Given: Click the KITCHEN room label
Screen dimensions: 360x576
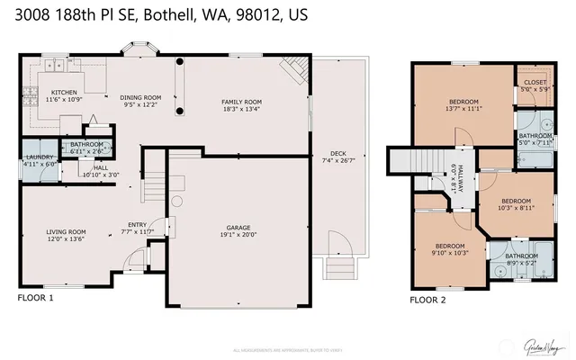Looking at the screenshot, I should coord(63,93).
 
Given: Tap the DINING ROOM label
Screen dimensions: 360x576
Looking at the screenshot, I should coord(140,97).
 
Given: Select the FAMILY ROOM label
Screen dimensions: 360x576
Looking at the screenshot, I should coord(241,102).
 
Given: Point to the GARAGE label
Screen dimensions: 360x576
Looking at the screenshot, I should coord(238,227).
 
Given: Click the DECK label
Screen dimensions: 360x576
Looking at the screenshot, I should coord(338,153).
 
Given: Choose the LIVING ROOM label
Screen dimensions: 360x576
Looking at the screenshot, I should coord(66,232).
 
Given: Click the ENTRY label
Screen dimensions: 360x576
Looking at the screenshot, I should coord(138,225).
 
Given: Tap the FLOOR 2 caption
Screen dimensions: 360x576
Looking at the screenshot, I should coord(427,300).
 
